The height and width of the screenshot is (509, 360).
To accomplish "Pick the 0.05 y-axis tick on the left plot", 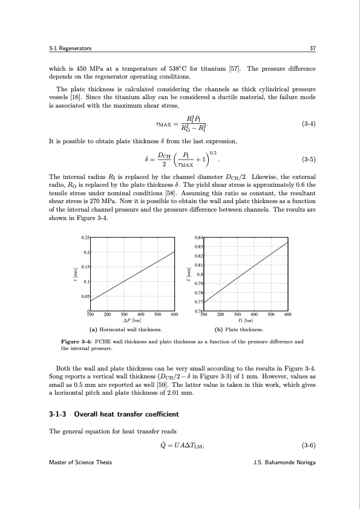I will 85,296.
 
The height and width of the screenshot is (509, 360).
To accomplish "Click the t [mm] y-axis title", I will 74,274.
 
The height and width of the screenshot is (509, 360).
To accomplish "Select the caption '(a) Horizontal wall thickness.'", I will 125,330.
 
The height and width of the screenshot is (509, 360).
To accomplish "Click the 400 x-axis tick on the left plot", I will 141,314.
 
